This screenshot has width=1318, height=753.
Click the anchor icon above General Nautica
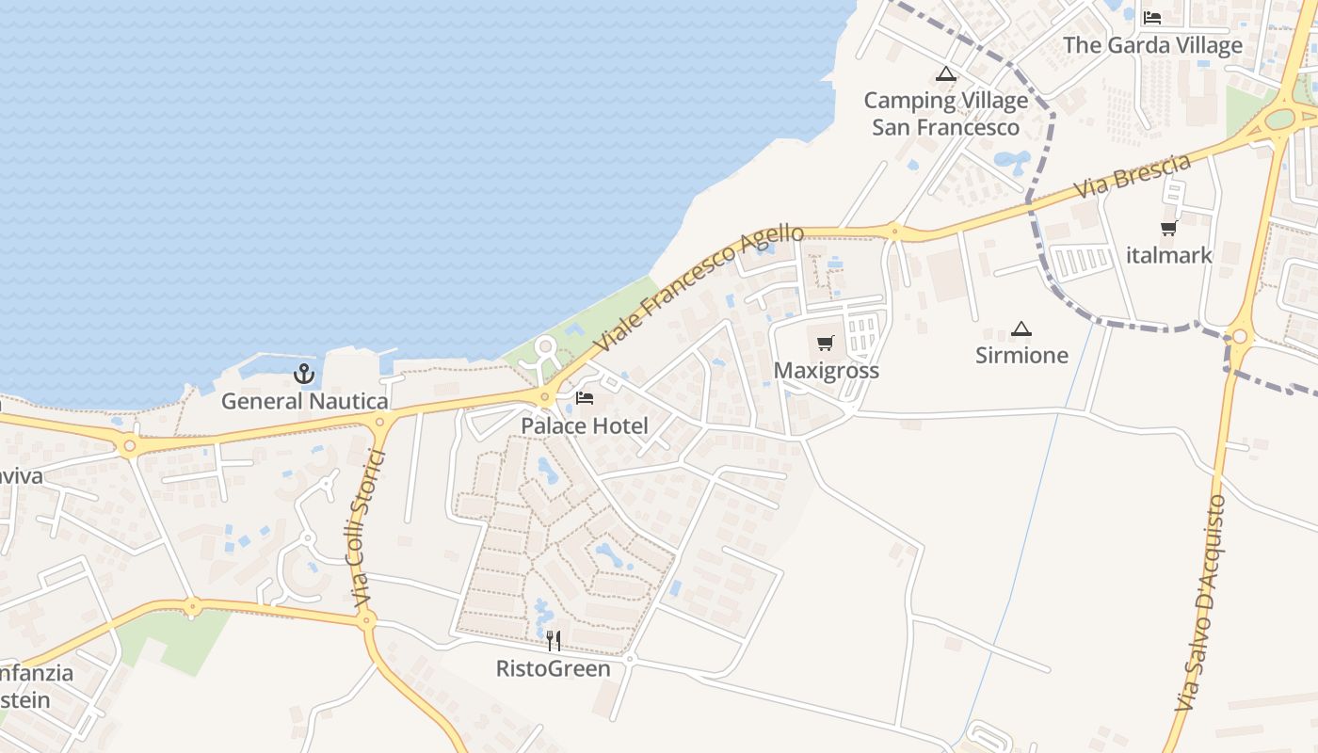point(303,374)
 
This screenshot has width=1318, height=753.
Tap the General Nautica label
point(304,402)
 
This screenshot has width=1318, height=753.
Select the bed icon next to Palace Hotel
point(585,398)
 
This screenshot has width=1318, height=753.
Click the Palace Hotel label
point(585,426)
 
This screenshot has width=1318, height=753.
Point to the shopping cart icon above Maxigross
point(826,343)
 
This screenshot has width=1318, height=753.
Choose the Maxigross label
point(826,371)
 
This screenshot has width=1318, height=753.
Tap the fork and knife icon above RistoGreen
point(554,641)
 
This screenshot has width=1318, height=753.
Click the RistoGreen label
point(554,669)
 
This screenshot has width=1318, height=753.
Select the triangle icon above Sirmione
point(1021,328)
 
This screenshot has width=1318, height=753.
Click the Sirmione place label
point(1021,356)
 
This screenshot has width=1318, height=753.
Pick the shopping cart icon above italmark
point(1168,228)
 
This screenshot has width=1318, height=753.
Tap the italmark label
point(1168,255)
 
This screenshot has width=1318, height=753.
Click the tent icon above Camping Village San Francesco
point(945,73)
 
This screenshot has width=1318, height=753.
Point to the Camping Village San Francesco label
point(945,114)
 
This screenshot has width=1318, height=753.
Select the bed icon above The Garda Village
point(1152,18)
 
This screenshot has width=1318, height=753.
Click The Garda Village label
point(1152,45)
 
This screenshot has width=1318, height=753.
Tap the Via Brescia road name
point(1133,177)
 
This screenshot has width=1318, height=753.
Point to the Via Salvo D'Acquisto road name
point(1200,602)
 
